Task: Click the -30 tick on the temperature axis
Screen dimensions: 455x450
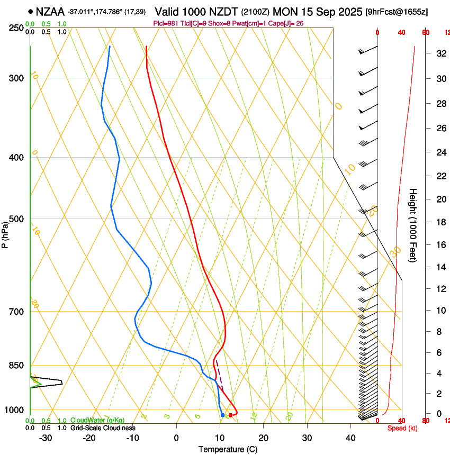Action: (46, 438)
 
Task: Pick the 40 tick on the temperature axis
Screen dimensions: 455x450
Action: (350, 438)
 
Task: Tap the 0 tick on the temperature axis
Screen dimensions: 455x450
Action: (176, 438)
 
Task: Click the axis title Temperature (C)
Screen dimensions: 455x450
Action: (228, 449)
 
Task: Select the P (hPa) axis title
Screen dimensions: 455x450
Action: (5, 232)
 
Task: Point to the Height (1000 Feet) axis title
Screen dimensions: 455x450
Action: (413, 225)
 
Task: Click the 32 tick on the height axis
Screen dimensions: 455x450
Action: (439, 53)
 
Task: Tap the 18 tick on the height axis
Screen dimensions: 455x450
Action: (439, 222)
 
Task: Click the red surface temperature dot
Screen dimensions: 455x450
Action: (230, 415)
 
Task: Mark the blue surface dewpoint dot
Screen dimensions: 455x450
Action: (222, 415)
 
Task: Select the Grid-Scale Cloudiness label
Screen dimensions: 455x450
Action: (103, 428)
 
